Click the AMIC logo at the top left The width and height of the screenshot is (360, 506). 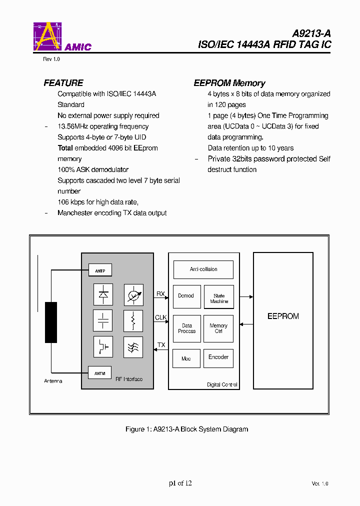(61, 37)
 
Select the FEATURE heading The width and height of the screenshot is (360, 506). (63, 83)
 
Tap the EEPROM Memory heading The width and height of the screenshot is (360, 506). (229, 83)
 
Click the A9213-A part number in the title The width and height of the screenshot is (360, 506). (311, 34)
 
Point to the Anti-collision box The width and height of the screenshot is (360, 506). (203, 269)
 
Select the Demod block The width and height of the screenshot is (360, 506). (186, 296)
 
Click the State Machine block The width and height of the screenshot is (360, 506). (218, 298)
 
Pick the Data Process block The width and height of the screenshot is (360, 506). (186, 328)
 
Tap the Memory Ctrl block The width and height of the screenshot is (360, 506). (218, 328)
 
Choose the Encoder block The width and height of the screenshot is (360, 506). (218, 357)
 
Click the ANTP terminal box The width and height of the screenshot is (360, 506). (100, 270)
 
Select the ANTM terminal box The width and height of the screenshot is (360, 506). (100, 372)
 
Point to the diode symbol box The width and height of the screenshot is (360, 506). (103, 294)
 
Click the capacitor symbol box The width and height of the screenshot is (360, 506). (103, 320)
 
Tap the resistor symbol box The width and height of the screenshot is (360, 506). (133, 320)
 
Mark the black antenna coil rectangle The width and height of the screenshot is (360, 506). (51, 322)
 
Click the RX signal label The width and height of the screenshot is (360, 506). (160, 294)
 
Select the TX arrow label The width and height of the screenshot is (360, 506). (161, 345)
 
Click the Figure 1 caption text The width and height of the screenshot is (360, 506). (186, 429)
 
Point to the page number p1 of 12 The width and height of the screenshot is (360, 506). (180, 483)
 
